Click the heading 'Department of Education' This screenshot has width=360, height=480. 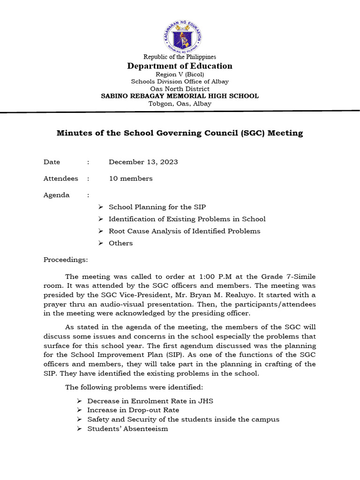[x=180, y=66]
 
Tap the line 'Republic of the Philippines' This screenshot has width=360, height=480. [x=180, y=57]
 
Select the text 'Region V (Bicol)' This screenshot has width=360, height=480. [x=180, y=75]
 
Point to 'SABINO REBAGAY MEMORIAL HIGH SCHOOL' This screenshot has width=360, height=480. [x=180, y=96]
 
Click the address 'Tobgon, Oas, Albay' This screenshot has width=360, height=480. [x=180, y=104]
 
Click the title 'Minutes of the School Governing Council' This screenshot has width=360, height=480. [x=180, y=133]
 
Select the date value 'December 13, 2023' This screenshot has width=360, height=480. [x=143, y=162]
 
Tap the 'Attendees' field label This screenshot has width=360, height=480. [x=61, y=179]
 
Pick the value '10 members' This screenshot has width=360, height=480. [x=131, y=179]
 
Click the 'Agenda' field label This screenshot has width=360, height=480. [x=57, y=195]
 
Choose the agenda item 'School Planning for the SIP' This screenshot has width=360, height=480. [x=157, y=207]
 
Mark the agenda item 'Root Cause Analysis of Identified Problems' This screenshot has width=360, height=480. [x=184, y=231]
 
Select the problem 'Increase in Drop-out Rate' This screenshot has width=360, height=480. [x=133, y=410]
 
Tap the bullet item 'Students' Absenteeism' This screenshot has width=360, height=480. [x=127, y=429]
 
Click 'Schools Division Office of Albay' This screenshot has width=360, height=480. [x=180, y=82]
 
